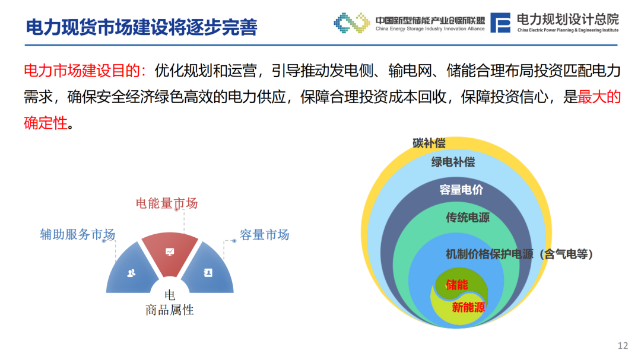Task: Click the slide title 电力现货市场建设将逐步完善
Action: (141, 27)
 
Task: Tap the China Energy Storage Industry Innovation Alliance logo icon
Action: (351, 23)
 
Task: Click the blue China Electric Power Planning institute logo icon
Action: (500, 23)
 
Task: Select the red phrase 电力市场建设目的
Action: (82, 71)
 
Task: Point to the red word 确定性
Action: (45, 123)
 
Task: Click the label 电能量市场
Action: (167, 203)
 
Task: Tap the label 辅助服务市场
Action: (77, 234)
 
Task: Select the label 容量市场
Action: (265, 234)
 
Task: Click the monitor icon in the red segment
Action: (170, 251)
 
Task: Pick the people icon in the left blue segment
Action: (131, 273)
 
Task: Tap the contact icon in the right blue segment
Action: (208, 273)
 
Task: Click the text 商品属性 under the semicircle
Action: (170, 310)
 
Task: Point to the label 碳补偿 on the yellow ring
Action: (429, 143)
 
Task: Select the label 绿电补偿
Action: (453, 163)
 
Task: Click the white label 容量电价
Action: (461, 190)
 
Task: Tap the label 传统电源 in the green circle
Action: (468, 218)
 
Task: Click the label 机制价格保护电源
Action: (490, 254)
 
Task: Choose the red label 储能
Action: (457, 285)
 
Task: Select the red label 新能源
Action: (468, 307)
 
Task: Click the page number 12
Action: (623, 346)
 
